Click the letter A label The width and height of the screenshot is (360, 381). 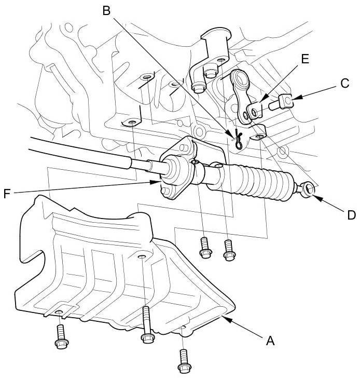pyautogui.click(x=269, y=341)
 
